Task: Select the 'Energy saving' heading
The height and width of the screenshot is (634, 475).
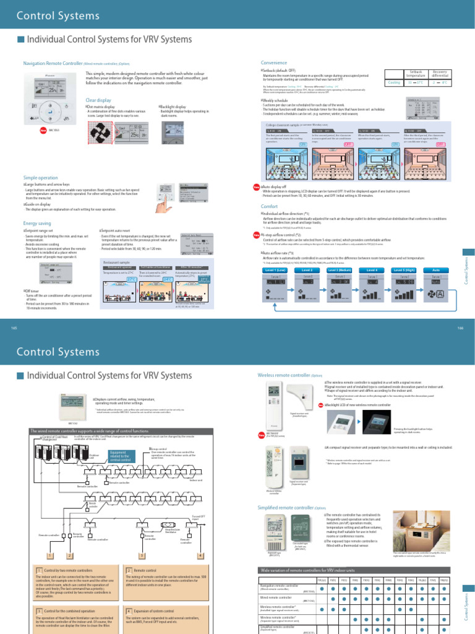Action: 37,222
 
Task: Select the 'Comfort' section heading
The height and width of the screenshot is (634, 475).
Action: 270,206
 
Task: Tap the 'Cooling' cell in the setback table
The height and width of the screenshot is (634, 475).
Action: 394,82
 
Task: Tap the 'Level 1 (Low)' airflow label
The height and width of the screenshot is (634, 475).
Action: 275,270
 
